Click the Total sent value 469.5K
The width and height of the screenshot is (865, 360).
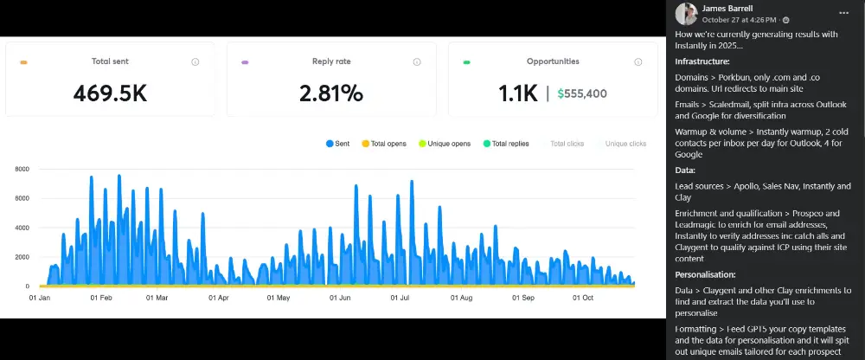pos(110,93)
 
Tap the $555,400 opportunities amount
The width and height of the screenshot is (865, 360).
pos(582,93)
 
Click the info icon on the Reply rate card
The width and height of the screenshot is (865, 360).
pos(417,62)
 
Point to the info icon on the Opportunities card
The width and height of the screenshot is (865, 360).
pos(638,62)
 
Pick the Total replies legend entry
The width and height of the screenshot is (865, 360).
pos(506,144)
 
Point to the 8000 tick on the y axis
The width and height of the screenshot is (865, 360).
pos(23,170)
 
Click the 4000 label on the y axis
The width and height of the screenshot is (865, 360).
pos(23,228)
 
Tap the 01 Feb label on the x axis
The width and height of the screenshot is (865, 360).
pos(101,298)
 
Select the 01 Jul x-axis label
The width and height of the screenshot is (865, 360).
pos(400,298)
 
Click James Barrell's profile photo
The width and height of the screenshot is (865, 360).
pos(686,13)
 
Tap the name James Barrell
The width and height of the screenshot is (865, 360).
pos(726,8)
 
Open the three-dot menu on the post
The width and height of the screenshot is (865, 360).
pos(843,13)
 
